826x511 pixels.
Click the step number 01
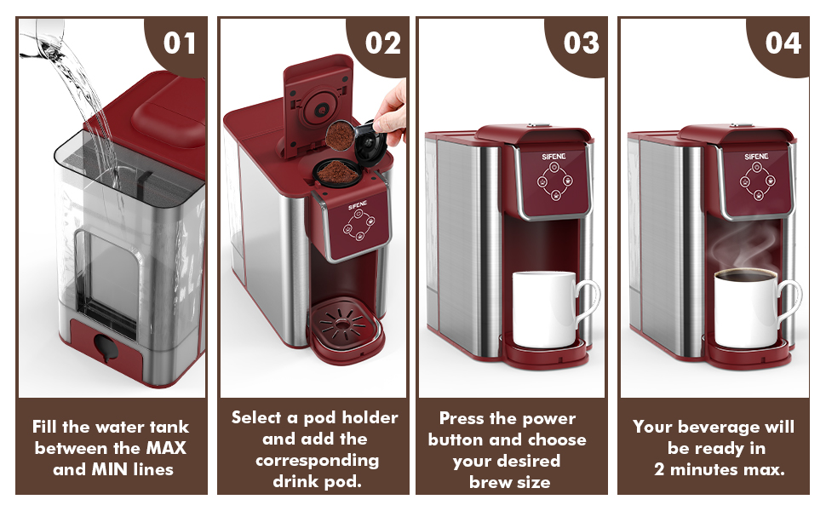(x=180, y=43)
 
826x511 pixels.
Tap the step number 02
(x=383, y=43)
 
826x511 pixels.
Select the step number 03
(x=582, y=43)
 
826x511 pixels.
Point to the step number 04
(x=783, y=43)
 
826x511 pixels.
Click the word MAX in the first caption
(x=166, y=448)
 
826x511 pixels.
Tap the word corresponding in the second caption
(x=317, y=461)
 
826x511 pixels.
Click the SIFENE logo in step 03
(x=554, y=157)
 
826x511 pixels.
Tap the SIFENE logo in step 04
(x=756, y=157)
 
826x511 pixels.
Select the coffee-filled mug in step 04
(x=754, y=308)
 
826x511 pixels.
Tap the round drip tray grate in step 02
(x=343, y=323)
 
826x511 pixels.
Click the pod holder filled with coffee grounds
(x=338, y=172)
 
